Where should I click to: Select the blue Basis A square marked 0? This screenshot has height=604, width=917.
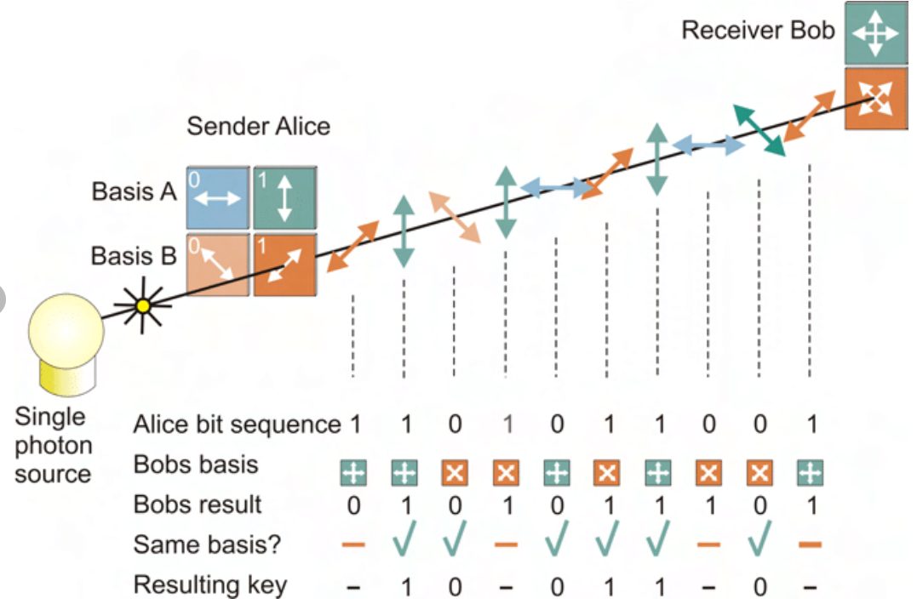(x=218, y=197)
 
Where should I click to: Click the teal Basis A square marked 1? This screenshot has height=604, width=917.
(x=284, y=197)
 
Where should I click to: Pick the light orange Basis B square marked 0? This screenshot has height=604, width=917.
(x=218, y=264)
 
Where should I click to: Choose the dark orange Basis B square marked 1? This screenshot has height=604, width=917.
(x=284, y=264)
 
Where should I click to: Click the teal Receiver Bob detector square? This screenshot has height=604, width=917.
(x=875, y=34)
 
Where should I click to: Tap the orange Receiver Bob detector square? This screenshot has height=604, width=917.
(x=875, y=99)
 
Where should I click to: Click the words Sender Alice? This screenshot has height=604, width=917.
(x=258, y=127)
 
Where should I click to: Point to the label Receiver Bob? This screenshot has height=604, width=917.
(x=758, y=31)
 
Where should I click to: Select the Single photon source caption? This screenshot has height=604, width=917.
(x=53, y=445)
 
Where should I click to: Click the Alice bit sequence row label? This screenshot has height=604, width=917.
(x=237, y=425)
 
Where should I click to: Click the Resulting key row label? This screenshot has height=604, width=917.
(x=210, y=585)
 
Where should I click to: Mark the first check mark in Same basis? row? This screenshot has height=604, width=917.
(x=404, y=543)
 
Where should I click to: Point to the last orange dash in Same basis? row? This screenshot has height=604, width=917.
(x=810, y=544)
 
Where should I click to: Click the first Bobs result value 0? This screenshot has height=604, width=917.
(x=352, y=505)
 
